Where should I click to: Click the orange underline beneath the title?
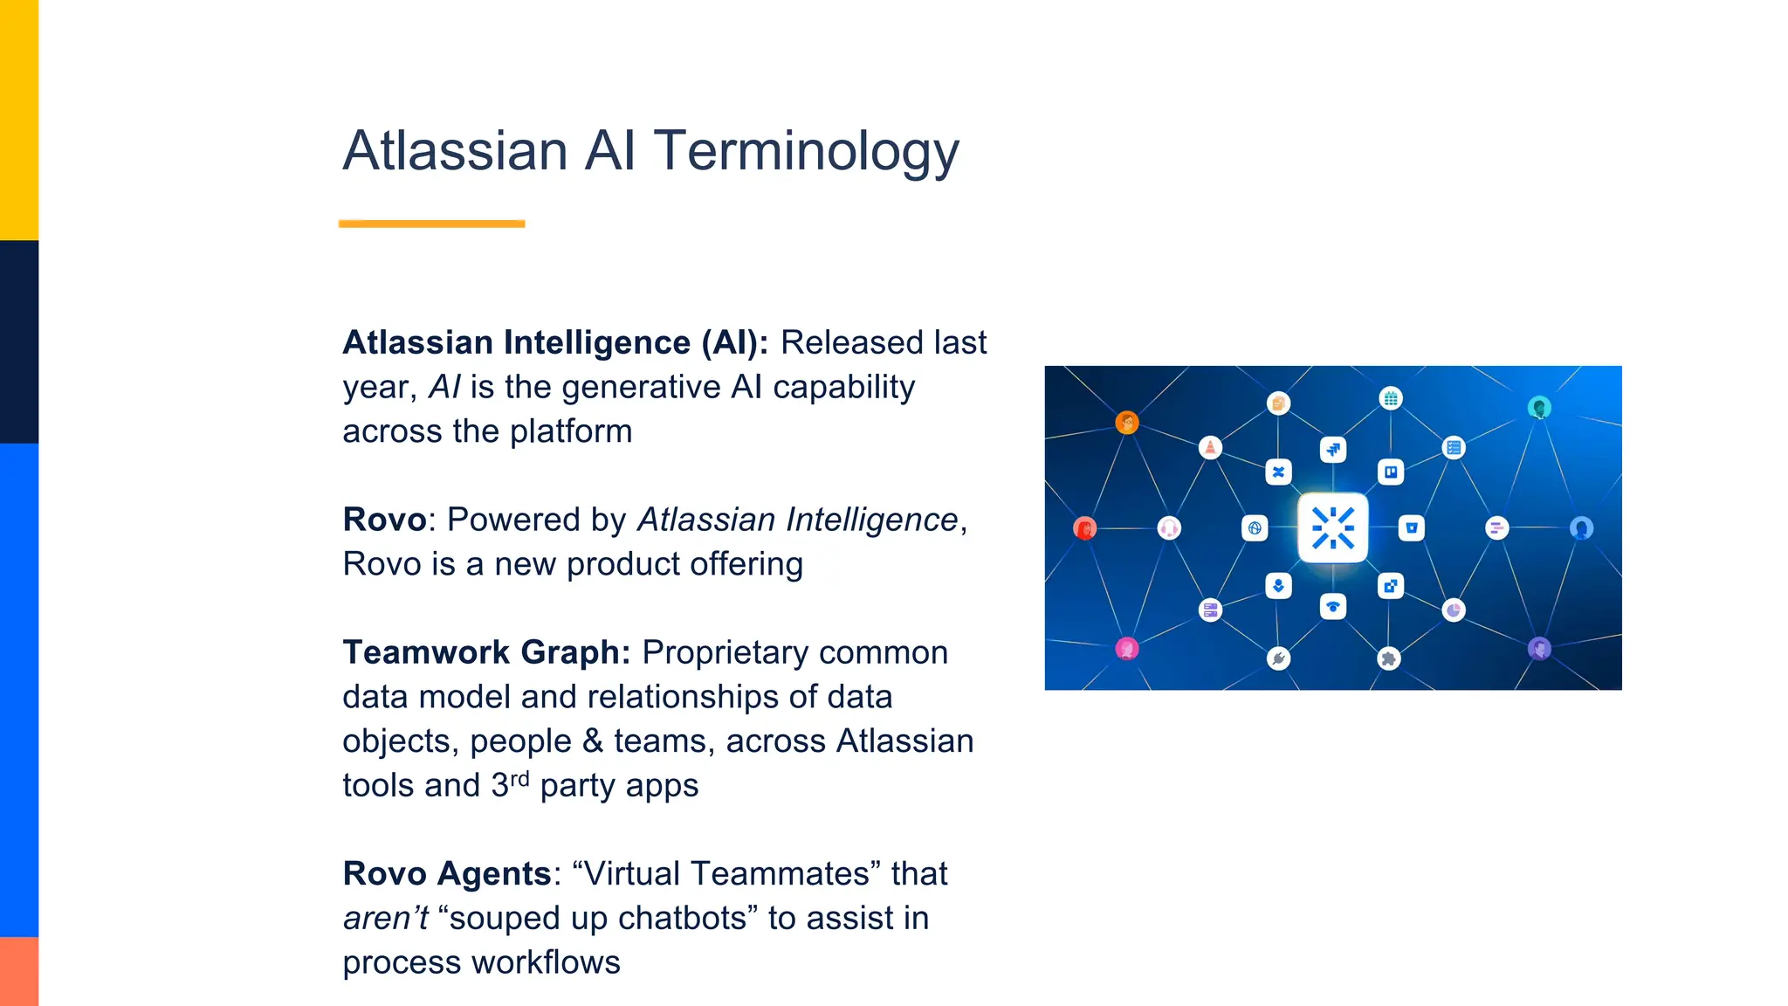click(431, 224)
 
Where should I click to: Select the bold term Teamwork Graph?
click(486, 653)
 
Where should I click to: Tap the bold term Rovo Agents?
click(446, 874)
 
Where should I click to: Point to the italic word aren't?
click(385, 919)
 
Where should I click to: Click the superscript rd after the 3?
click(519, 778)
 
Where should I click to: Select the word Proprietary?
click(725, 653)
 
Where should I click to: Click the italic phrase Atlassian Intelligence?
click(797, 520)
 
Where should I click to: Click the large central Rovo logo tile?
click(1332, 527)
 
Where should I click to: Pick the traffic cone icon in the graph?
click(1210, 448)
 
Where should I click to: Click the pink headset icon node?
click(1169, 527)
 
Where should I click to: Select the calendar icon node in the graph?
click(1391, 398)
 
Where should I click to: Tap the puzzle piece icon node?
click(1389, 658)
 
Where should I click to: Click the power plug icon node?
click(1278, 658)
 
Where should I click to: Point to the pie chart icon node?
click(1453, 610)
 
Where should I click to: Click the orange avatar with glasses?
click(1127, 423)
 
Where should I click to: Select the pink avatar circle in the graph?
click(1127, 649)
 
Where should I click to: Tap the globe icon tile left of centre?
click(1255, 527)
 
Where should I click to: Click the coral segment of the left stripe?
click(19, 971)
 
